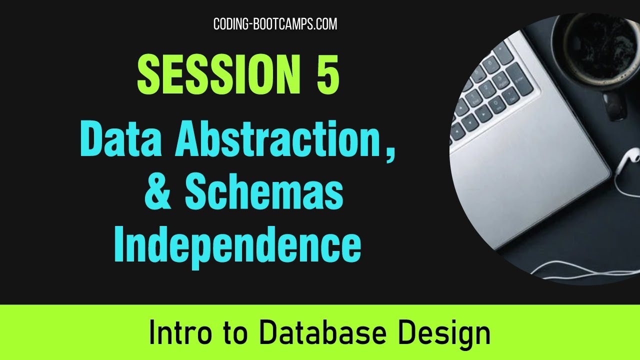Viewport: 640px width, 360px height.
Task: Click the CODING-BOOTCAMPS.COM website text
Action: (275, 23)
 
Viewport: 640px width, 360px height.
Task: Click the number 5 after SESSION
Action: (327, 74)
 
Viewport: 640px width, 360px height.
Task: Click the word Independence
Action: (237, 245)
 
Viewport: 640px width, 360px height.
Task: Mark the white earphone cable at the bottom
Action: (575, 272)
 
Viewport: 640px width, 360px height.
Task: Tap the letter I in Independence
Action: (120, 245)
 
